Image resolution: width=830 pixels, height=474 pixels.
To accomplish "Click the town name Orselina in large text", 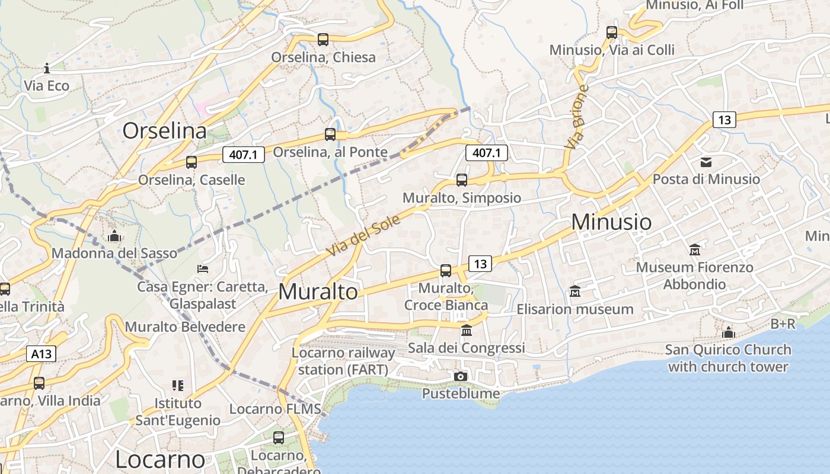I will point(164,131).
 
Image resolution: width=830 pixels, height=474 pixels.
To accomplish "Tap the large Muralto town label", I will point(318,292).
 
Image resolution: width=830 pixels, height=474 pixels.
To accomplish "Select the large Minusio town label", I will point(611,222).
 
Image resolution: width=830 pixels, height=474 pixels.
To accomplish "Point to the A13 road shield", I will point(41,354).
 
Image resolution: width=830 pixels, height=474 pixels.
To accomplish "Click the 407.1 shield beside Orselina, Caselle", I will point(243,155).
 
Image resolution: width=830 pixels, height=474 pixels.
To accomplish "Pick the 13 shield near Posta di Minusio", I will point(724,120).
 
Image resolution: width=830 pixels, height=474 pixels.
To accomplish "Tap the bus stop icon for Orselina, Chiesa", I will point(323,40).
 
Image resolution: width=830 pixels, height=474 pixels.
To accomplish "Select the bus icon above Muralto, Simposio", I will point(462,180).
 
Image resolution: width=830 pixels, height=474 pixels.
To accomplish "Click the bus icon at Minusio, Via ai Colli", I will point(612,33).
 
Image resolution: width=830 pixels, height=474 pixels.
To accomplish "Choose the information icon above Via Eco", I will point(47,68).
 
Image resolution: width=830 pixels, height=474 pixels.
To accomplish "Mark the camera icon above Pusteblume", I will point(460,376).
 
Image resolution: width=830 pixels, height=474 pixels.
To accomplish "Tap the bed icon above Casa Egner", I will point(203,269).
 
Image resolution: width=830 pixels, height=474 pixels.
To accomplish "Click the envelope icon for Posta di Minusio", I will point(705,162).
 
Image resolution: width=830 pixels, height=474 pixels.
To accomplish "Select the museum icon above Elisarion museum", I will point(574,292).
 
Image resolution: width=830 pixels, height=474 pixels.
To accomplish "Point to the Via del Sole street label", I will point(363,236).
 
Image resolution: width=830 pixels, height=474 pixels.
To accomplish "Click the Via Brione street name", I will point(577,117).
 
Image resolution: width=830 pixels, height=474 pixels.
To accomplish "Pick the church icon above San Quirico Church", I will point(729,332).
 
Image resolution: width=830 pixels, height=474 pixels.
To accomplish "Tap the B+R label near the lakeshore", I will point(783,324).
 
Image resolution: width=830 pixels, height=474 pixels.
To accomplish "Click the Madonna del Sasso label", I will point(114,254).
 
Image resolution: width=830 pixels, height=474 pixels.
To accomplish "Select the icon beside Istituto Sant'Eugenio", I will point(178,386).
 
